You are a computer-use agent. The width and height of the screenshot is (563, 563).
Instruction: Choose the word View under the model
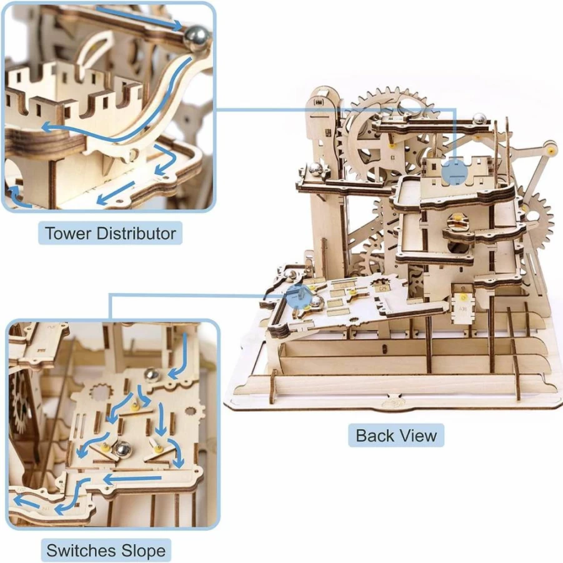coord(418,435)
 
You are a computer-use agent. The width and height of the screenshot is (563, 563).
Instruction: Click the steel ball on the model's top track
coord(479,119)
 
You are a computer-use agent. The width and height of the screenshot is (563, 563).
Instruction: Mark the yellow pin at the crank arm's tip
coord(548,150)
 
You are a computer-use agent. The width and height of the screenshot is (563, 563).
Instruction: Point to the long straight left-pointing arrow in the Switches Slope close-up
coord(132,479)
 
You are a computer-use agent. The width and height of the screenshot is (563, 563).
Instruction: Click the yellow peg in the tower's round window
coord(458,217)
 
